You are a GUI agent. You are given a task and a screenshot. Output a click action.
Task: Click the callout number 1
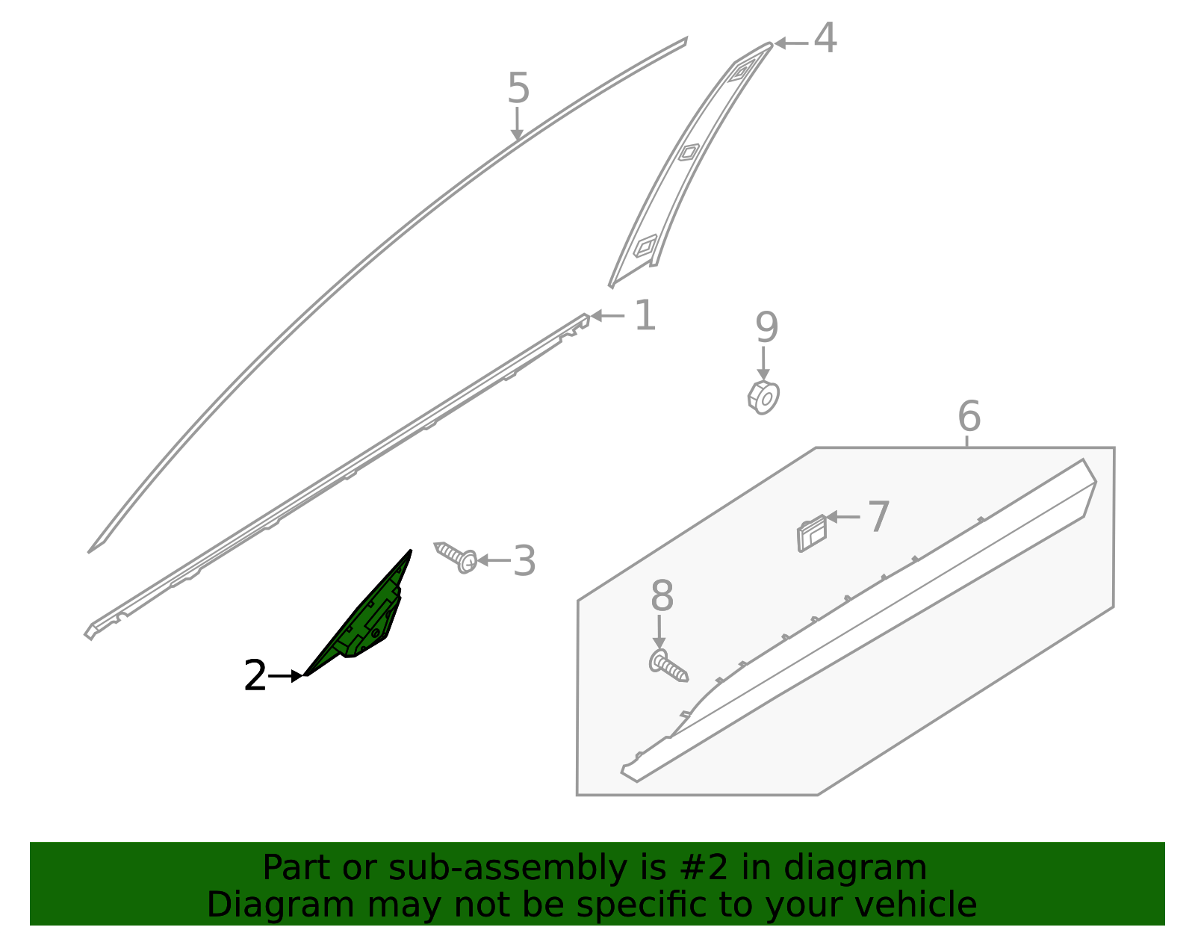coord(645,316)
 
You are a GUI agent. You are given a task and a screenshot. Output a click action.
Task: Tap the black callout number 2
coord(255,676)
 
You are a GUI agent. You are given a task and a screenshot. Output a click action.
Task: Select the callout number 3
coord(524,561)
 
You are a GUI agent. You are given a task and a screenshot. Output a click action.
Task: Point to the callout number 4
coord(825,39)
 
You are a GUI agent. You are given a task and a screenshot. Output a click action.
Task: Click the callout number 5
coord(518,89)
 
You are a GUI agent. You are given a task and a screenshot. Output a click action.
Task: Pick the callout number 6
coord(969,416)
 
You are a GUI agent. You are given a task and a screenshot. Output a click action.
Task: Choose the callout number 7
coord(878,517)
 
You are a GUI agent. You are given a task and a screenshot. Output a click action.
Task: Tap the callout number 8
coord(662,597)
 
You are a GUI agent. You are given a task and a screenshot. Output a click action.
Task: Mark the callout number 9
coord(766,328)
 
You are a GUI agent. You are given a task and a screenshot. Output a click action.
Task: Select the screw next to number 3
coord(456,557)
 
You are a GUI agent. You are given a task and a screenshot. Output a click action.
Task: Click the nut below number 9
coord(763,397)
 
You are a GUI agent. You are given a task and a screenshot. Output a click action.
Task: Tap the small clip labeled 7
coord(812,533)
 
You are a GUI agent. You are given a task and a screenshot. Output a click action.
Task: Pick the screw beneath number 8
coord(668,666)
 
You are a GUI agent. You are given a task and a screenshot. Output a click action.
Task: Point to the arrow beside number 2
coord(287,676)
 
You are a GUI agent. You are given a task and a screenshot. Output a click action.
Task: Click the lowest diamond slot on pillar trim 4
coord(645,245)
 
